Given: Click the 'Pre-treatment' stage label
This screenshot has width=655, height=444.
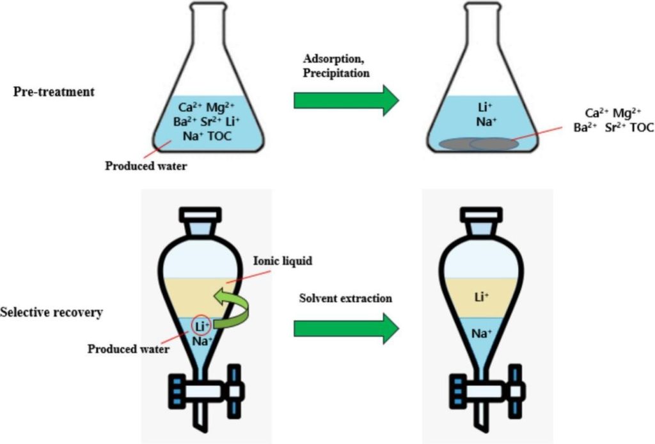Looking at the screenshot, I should tap(54, 91).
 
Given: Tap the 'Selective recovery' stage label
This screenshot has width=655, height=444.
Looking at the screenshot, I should tap(52, 314).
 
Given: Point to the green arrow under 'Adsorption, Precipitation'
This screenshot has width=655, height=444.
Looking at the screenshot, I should tap(345, 101).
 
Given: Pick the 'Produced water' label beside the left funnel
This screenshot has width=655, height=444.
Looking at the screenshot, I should tap(128, 349).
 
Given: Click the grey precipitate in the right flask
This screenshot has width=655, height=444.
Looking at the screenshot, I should tap(473, 144).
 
